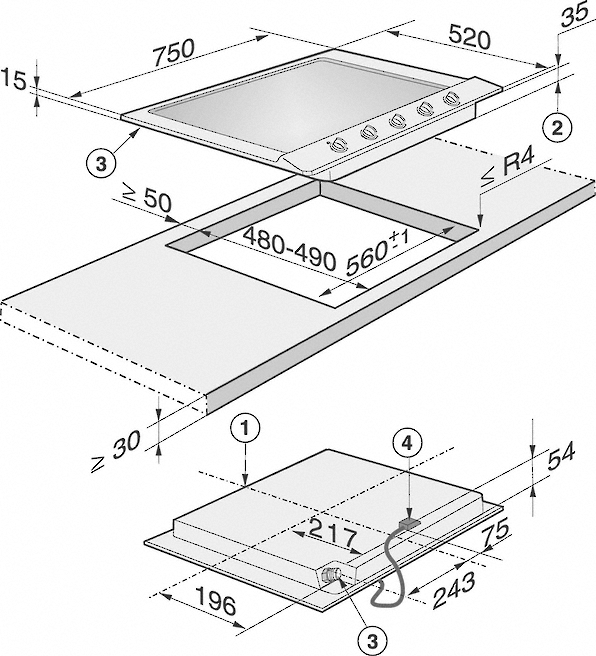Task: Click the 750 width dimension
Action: pyautogui.click(x=174, y=53)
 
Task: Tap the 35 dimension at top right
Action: pyautogui.click(x=576, y=16)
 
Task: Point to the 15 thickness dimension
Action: pyautogui.click(x=13, y=81)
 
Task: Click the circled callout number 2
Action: pyautogui.click(x=558, y=128)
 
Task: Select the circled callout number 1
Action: pyautogui.click(x=245, y=429)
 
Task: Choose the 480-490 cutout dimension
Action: pyautogui.click(x=289, y=249)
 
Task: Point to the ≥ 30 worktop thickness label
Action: pyautogui.click(x=116, y=452)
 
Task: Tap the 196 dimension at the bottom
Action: pyautogui.click(x=216, y=601)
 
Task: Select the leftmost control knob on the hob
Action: pyautogui.click(x=338, y=145)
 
